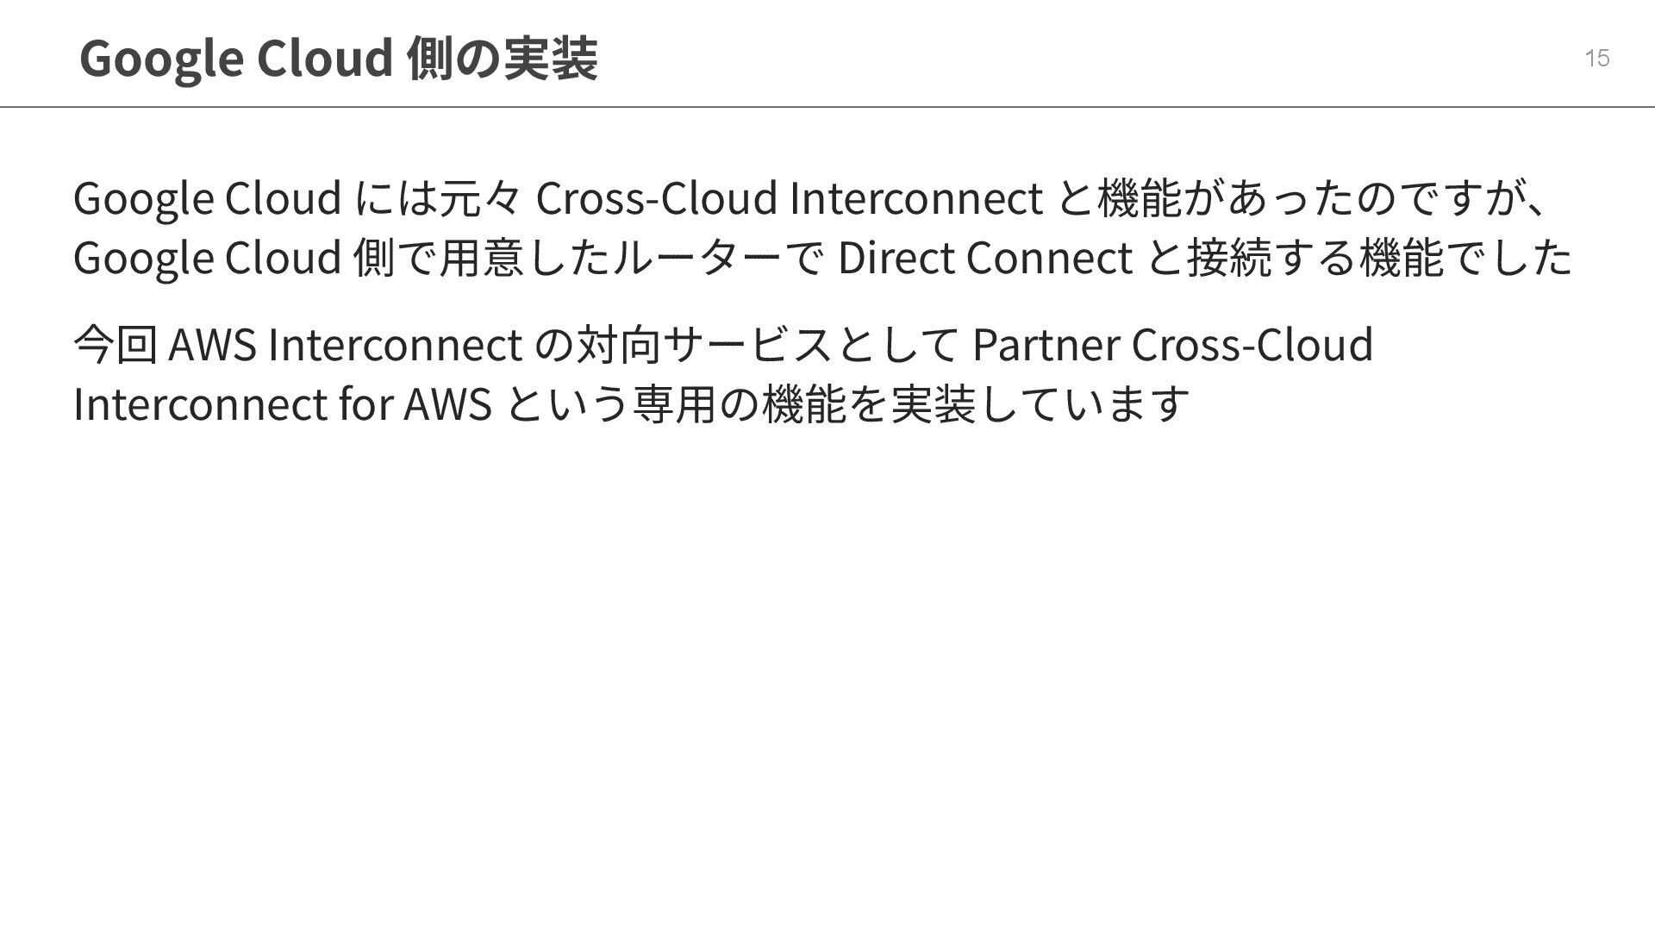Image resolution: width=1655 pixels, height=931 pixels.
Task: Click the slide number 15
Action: (1596, 58)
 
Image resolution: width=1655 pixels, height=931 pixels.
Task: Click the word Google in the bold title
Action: (160, 59)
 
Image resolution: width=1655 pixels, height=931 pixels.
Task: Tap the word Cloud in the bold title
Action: (325, 59)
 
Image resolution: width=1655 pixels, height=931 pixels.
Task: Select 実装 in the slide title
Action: (550, 59)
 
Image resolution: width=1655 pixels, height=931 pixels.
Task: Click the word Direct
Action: (896, 257)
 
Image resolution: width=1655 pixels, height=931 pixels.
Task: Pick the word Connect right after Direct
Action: (1049, 257)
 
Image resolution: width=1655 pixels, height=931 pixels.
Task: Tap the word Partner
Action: (1045, 344)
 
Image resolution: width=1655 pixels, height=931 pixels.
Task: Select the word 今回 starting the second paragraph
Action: (116, 344)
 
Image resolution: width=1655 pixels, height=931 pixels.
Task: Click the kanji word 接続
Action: (1229, 257)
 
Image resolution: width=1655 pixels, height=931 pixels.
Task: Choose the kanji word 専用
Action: (675, 403)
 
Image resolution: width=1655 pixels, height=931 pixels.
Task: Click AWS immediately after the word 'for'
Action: (447, 403)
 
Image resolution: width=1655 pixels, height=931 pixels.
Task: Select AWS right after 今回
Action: (213, 344)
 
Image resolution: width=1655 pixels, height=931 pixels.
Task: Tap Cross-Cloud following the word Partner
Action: (1252, 344)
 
